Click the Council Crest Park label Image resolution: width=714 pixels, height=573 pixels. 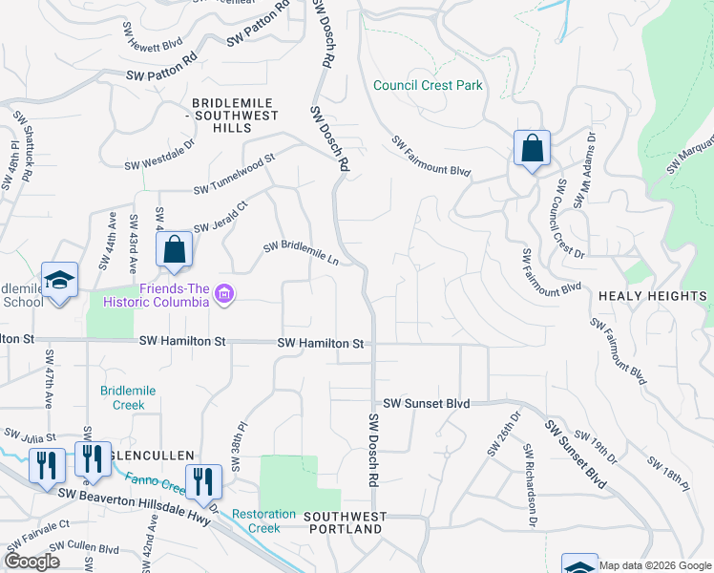click(428, 85)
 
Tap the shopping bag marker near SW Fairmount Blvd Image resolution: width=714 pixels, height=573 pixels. click(532, 149)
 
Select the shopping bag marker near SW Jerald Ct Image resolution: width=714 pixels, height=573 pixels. click(175, 250)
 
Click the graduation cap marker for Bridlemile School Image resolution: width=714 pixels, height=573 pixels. click(59, 281)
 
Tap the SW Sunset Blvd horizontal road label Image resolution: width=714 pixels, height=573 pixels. click(427, 404)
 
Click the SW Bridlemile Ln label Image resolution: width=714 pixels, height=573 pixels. click(302, 253)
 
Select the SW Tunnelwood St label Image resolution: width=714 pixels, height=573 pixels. click(234, 173)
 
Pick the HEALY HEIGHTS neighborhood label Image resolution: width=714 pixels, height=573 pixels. click(652, 297)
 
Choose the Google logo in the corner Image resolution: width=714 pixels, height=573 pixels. click(32, 561)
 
